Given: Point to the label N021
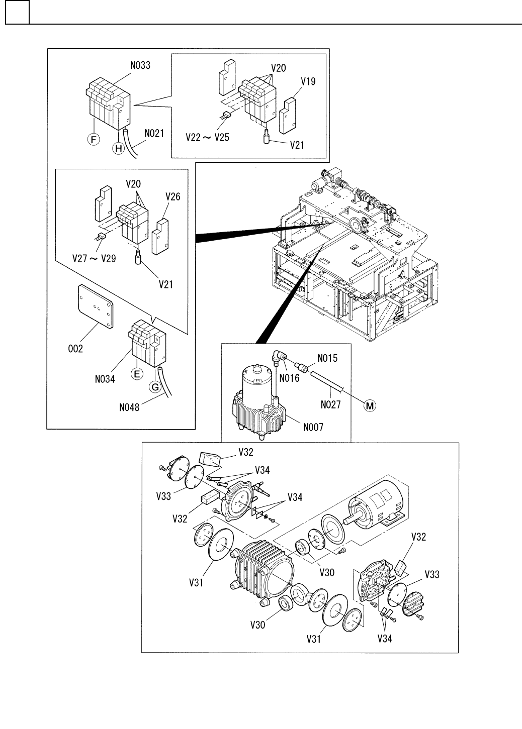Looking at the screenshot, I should coord(154,134).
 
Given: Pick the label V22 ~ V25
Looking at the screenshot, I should coord(207,137).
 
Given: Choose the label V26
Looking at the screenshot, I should coord(172,197).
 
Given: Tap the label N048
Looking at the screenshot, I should coord(129,407).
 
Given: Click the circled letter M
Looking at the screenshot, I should coord(370,405).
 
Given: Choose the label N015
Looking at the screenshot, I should coord(327,358).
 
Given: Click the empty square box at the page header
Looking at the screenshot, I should coord(17,13).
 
